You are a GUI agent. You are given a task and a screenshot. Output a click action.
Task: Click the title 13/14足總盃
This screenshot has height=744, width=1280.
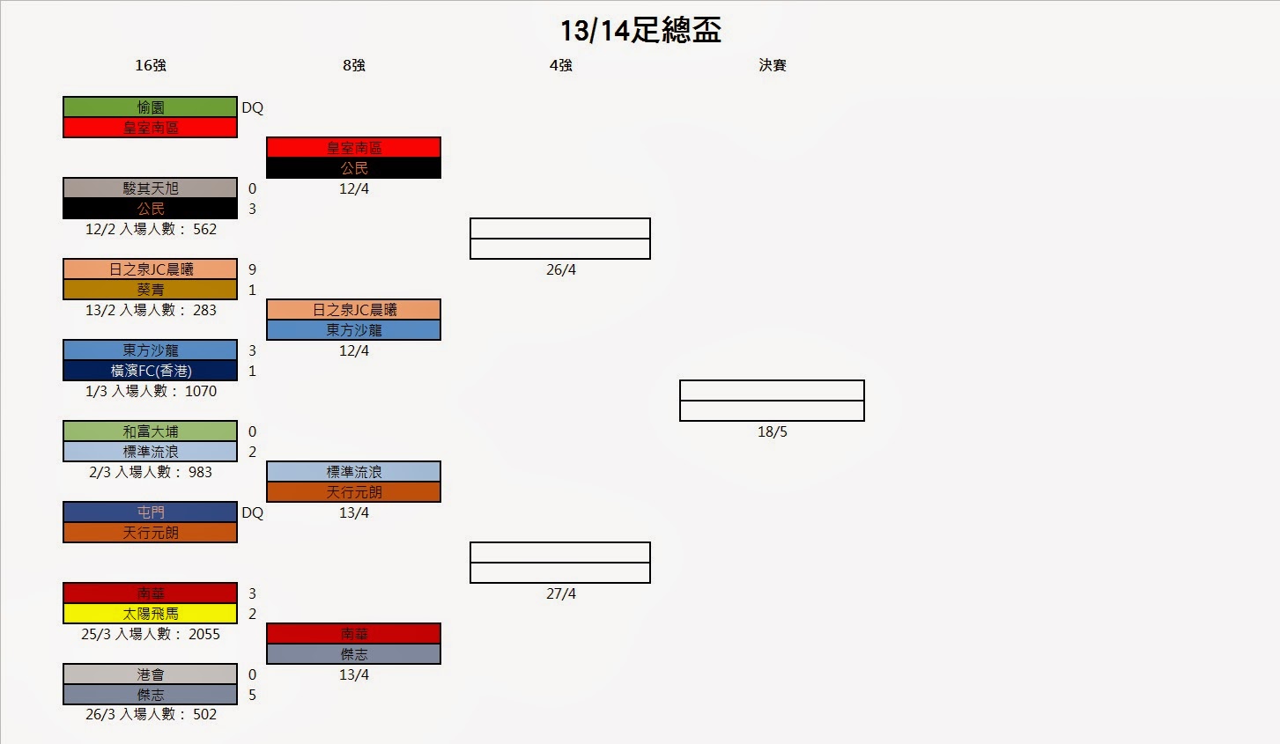point(640,31)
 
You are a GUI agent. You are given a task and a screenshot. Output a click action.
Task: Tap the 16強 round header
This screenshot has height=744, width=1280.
point(151,65)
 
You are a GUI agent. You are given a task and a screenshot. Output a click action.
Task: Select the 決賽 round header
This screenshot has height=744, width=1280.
point(773,65)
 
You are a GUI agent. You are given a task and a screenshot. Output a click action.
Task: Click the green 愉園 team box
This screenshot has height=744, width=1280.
point(151,107)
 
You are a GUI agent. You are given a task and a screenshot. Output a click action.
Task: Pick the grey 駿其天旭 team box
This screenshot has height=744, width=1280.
point(151,188)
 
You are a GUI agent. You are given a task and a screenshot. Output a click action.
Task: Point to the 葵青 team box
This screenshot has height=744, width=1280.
point(151,290)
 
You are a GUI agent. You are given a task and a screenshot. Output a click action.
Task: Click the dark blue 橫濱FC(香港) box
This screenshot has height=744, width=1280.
point(151,371)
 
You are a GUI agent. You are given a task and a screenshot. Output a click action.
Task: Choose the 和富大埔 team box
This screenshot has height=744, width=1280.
point(151,431)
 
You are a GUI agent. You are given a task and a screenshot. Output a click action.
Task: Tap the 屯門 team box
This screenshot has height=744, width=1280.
point(151,512)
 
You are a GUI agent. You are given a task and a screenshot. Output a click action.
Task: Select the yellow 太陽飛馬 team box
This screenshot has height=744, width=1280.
point(151,614)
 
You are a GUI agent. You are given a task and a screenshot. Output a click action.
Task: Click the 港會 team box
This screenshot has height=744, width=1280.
point(151,674)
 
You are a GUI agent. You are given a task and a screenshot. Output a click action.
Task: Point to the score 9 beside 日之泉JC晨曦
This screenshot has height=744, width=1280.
point(252,269)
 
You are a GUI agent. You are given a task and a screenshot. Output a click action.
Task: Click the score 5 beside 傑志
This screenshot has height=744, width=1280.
point(252,695)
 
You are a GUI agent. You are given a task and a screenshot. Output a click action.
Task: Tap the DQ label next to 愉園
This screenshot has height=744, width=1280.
point(253,107)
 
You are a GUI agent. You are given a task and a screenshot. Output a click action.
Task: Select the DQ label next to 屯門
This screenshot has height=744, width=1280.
point(253,512)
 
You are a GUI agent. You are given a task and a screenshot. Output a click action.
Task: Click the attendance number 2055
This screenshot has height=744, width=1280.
point(204,634)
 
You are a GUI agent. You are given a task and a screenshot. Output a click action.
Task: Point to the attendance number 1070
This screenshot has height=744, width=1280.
point(201,391)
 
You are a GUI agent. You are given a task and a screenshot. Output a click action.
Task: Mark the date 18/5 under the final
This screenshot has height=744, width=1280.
point(773,431)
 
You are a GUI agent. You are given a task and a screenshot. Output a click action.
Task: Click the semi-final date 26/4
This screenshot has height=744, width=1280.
point(561,269)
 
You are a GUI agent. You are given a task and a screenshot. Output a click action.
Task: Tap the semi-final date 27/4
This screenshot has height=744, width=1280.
point(561,593)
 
